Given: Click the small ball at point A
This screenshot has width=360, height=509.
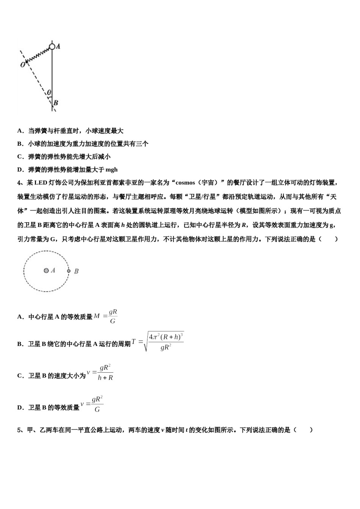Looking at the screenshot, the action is pos(52,47).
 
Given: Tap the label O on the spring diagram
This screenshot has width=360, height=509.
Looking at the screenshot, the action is pos(22,65).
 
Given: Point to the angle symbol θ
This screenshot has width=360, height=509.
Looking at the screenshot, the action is pos(49,92).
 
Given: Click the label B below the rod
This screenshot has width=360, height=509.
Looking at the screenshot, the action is pos(56,103).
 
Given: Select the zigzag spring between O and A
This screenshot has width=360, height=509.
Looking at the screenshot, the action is pos(38,55).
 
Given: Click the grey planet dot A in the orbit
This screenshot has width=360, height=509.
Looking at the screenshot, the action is pos(46,270).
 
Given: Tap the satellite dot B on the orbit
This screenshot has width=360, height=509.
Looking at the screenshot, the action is pos(69,271).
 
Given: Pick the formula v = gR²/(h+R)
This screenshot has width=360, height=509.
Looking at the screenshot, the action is pos(100,372).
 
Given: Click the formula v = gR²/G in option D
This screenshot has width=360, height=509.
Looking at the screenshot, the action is pos(92,404).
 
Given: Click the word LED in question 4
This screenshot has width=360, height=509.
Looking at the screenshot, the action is pos(41,183).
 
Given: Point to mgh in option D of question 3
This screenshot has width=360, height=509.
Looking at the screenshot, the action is pos(111,169).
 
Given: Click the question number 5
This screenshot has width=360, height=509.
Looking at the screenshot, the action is pos(19,430).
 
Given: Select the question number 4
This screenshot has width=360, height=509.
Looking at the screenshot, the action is pos(19,183).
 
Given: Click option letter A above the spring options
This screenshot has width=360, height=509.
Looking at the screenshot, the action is pos(20,131).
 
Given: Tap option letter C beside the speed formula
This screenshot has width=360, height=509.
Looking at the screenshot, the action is pos(20,376).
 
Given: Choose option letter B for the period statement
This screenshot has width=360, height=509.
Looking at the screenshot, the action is pos(20,344).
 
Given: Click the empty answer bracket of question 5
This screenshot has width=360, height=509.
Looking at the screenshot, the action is pos(304,430).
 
